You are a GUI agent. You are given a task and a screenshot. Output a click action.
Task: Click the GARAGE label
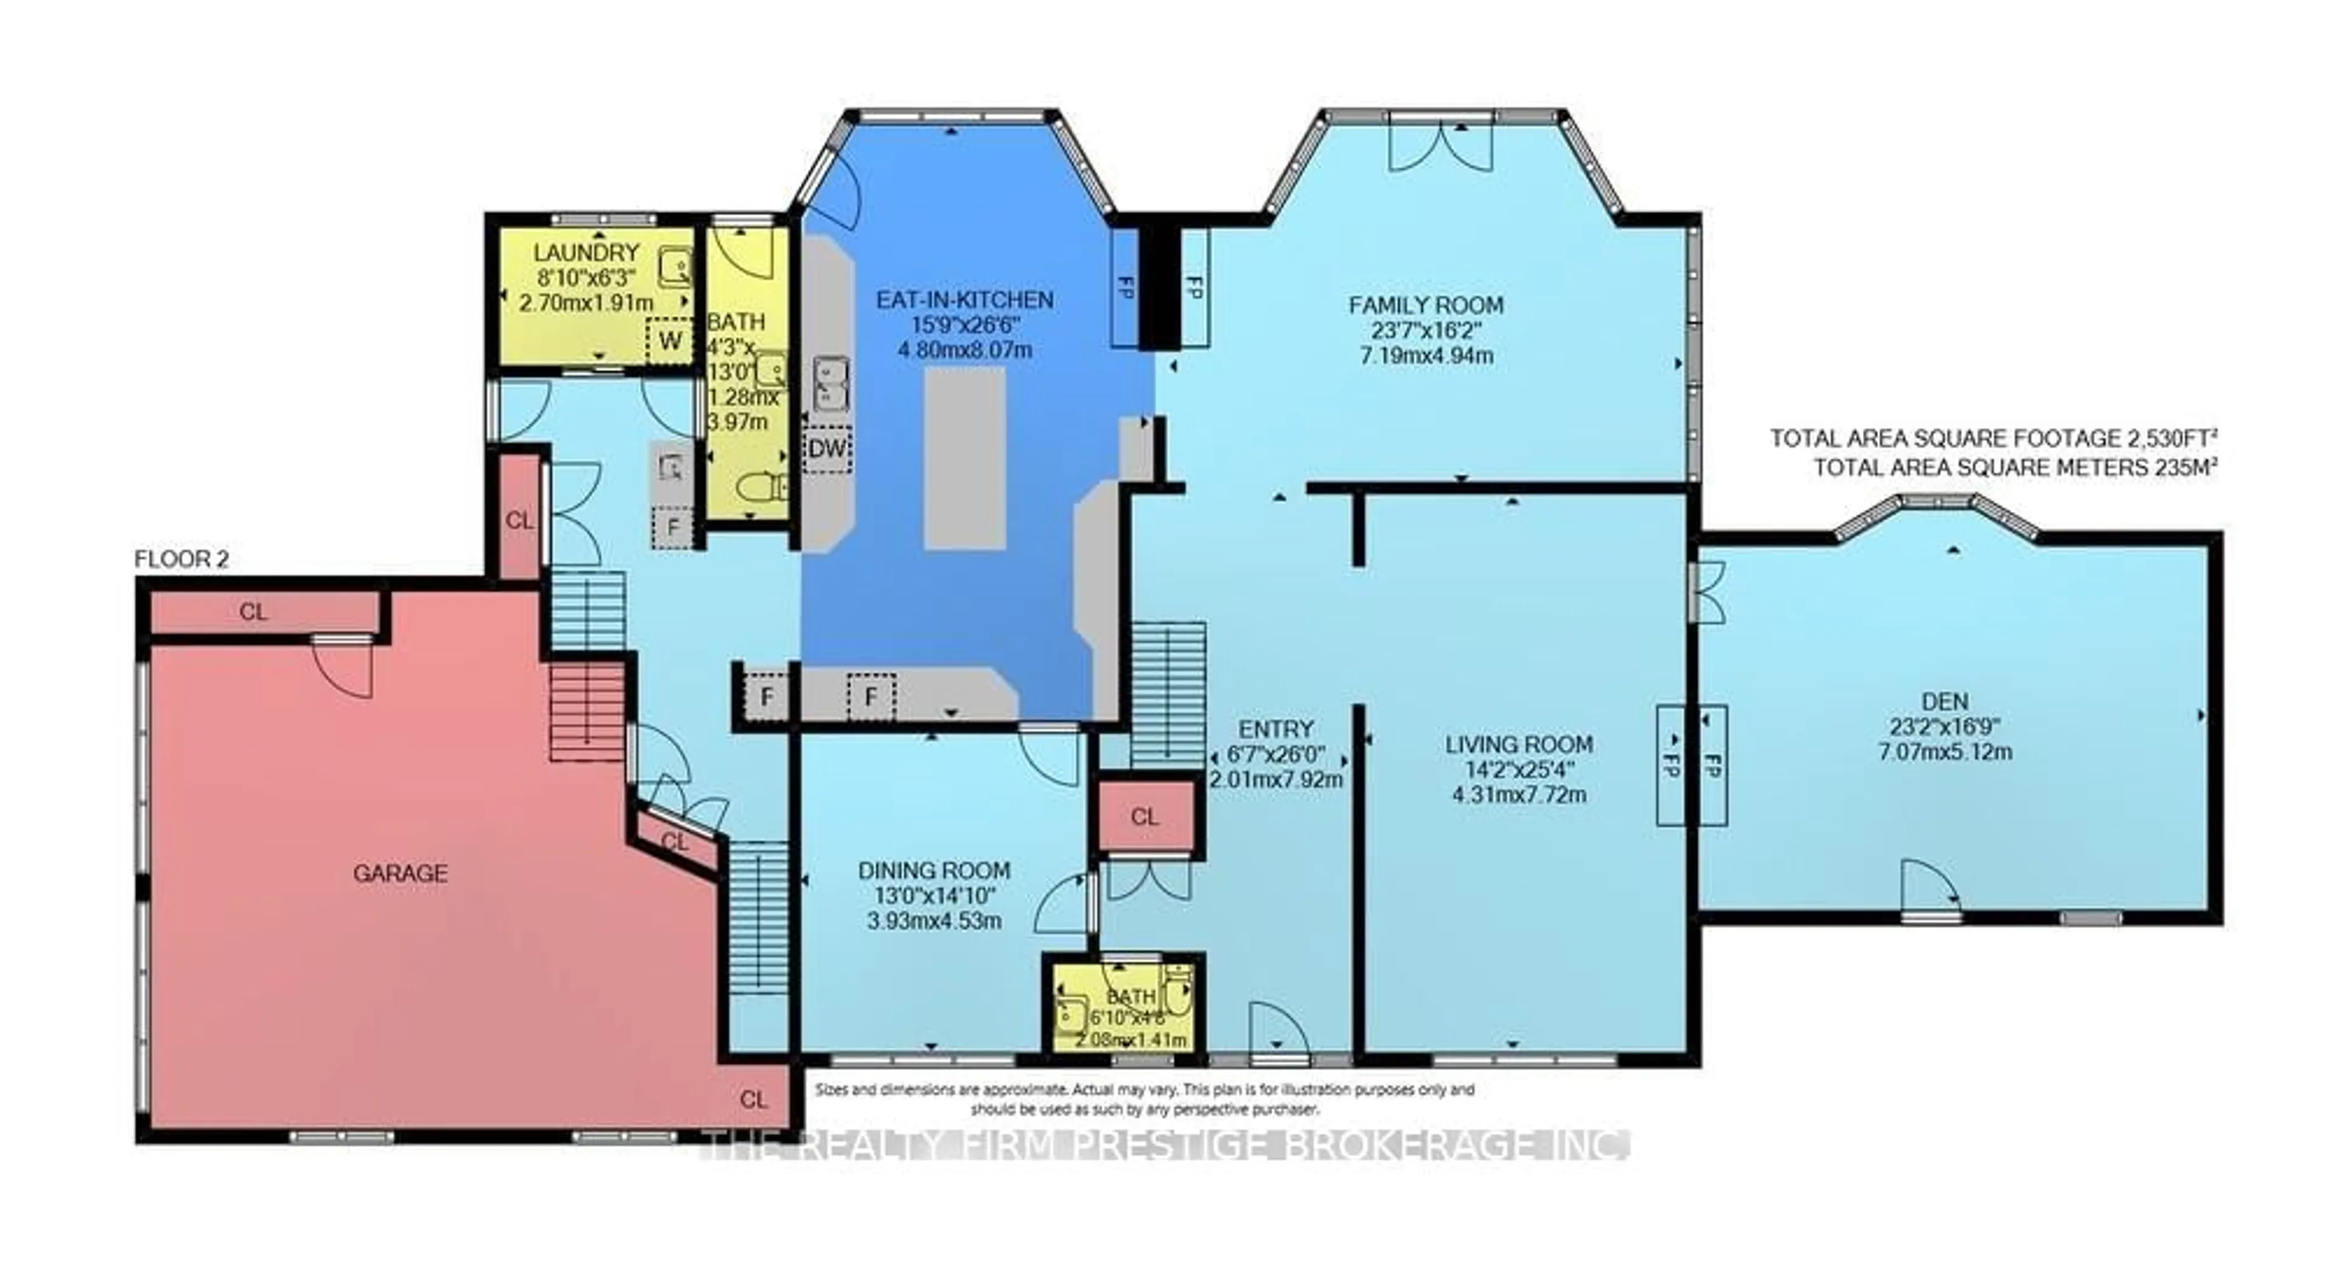[x=400, y=873]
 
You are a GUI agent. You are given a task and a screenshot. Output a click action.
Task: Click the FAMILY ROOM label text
[x=1426, y=306]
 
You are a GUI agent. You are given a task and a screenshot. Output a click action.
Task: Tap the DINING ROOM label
[x=934, y=871]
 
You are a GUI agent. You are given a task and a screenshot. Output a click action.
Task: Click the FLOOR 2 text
[x=182, y=559]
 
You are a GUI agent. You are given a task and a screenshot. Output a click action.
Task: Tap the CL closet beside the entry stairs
[x=1144, y=818]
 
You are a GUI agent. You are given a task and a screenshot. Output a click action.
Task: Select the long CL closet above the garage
[x=254, y=613]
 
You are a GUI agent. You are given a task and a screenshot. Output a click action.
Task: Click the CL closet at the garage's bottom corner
[x=753, y=1100]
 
